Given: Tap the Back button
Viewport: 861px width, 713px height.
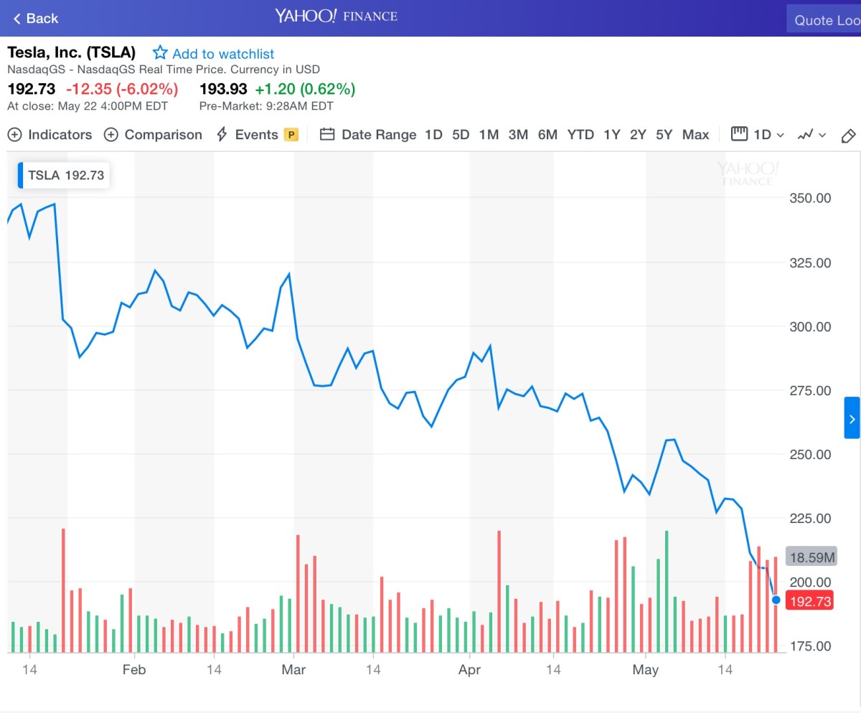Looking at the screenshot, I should click(x=35, y=19).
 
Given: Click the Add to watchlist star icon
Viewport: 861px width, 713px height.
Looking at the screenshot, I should click(x=160, y=53).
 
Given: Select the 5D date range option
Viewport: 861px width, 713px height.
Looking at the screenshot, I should click(x=461, y=135).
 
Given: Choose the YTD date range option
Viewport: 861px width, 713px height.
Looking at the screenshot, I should click(x=580, y=135).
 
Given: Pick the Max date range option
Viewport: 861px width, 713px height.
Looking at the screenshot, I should click(x=695, y=135).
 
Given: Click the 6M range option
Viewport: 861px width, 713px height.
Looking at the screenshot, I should click(x=547, y=135).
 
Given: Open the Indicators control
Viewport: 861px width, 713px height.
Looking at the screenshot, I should click(x=50, y=135).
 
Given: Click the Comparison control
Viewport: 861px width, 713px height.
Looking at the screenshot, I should click(x=153, y=135).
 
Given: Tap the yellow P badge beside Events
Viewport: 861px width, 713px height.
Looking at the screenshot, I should click(x=291, y=135).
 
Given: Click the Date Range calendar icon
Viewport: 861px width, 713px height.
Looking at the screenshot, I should click(x=327, y=135).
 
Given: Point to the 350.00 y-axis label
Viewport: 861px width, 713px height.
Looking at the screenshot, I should click(x=809, y=198).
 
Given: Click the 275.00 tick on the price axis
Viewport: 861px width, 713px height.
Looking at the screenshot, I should click(x=809, y=390).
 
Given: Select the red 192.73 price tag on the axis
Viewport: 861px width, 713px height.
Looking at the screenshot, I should click(x=810, y=601).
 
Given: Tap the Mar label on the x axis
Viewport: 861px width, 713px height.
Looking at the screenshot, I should click(x=293, y=670).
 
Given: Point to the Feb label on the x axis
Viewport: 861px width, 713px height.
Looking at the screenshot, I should click(x=134, y=670).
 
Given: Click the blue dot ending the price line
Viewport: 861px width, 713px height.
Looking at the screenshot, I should click(x=776, y=600).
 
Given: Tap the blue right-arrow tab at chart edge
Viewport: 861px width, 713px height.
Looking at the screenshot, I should click(x=852, y=417).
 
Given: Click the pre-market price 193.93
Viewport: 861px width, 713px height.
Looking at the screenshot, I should click(x=223, y=90).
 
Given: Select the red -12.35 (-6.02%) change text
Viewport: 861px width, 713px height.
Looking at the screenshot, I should click(x=122, y=90).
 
